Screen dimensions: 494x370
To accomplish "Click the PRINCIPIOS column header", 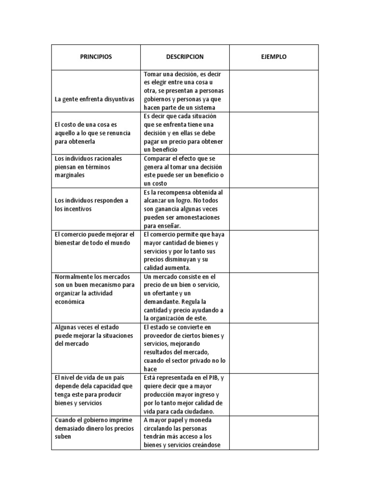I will coord(96,57).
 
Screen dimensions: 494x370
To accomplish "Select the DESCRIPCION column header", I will coord(185,57).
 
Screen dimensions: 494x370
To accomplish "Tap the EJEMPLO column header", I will coord(274,57).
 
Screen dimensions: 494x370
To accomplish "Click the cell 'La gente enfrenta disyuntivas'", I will coord(94,99).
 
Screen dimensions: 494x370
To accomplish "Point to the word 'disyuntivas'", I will coord(119,99).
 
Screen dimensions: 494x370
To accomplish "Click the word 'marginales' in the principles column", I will coord(70,175).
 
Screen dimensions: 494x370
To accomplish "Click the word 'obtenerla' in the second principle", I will coord(81,141).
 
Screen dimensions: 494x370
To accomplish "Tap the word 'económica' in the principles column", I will coord(70,302).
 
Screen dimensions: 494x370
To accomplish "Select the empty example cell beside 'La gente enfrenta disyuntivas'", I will coord(274,91).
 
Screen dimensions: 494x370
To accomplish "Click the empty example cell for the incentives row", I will coord(274,209).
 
